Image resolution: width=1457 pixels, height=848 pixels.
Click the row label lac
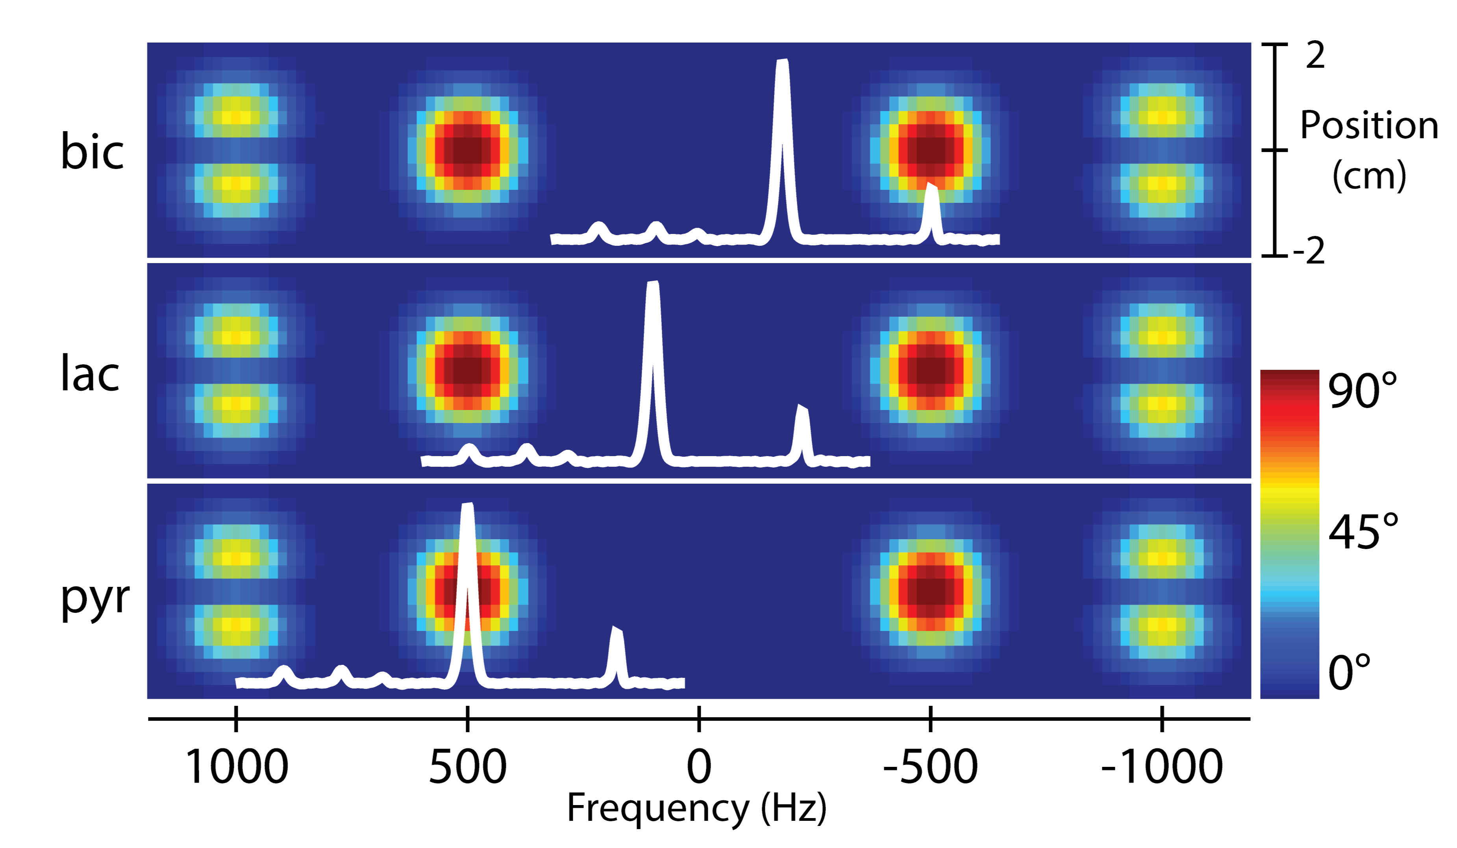(90, 373)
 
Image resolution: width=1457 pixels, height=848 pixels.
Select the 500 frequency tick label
(468, 767)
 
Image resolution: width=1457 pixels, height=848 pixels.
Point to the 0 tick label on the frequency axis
(699, 767)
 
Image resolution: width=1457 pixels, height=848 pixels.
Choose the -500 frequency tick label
(930, 767)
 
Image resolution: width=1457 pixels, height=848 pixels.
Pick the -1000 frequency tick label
(1162, 767)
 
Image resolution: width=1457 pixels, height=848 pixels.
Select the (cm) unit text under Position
(1368, 175)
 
